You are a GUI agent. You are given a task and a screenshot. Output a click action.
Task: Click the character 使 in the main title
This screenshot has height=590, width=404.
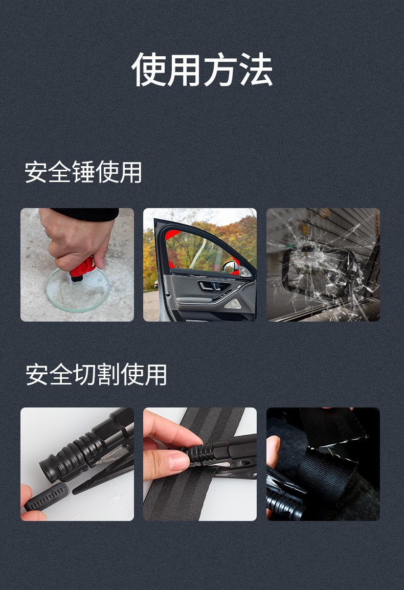click(x=149, y=70)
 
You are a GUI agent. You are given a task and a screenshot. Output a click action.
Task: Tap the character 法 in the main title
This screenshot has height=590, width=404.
click(x=255, y=70)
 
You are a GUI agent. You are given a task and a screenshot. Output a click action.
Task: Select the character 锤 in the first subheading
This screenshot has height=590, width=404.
click(x=83, y=172)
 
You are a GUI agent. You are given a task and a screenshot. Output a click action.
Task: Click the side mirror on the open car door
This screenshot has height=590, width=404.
click(x=230, y=267)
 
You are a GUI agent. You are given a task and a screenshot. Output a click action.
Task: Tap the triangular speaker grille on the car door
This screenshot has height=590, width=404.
click(x=235, y=304)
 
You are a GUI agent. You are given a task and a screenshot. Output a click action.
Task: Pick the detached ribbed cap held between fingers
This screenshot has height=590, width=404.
click(x=46, y=496)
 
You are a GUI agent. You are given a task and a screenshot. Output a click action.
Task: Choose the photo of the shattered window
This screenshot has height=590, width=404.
click(x=323, y=265)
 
